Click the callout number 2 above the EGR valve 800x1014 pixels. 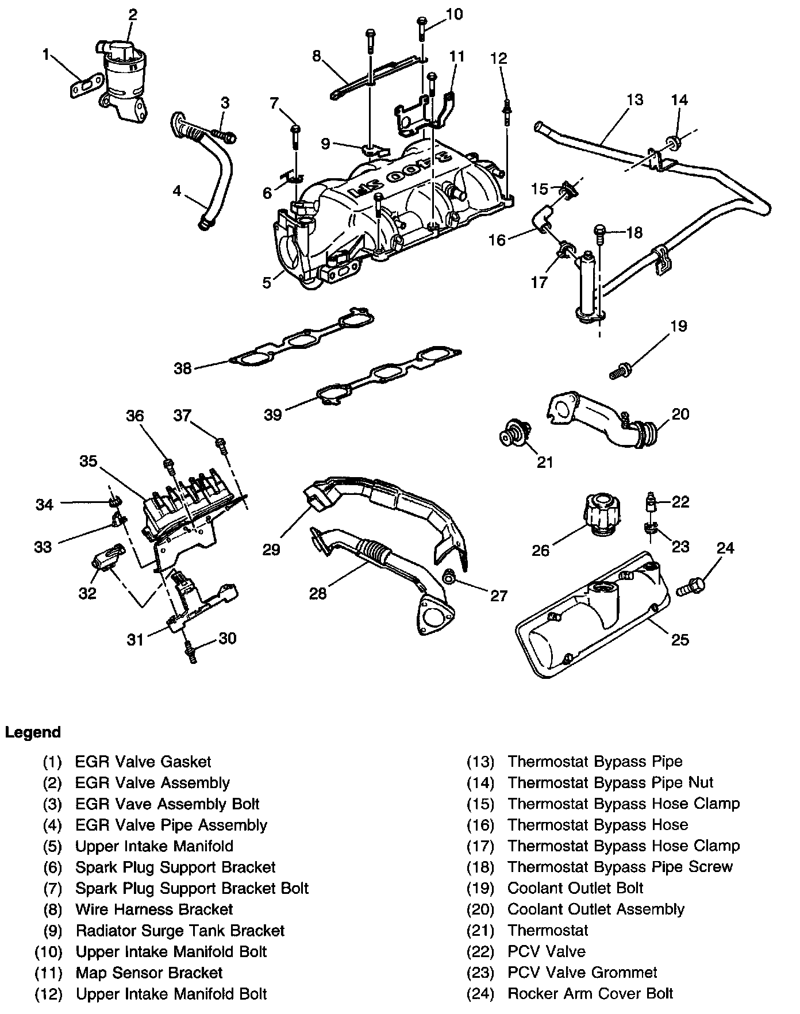click(133, 14)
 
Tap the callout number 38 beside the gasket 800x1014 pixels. click(183, 368)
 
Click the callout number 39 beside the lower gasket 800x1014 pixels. click(273, 414)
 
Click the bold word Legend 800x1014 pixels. click(33, 732)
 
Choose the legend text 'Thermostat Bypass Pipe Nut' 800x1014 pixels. click(610, 782)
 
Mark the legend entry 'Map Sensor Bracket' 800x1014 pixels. click(149, 973)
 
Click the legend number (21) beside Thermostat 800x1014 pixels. click(480, 930)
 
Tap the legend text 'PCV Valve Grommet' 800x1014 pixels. click(582, 973)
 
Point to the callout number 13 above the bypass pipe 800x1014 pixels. click(634, 99)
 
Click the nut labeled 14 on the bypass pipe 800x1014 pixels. click(672, 142)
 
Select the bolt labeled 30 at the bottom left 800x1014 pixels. click(190, 654)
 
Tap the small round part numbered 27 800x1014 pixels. click(451, 575)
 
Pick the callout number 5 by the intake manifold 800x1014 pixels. click(267, 283)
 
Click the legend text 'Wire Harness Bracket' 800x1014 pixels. click(154, 909)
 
